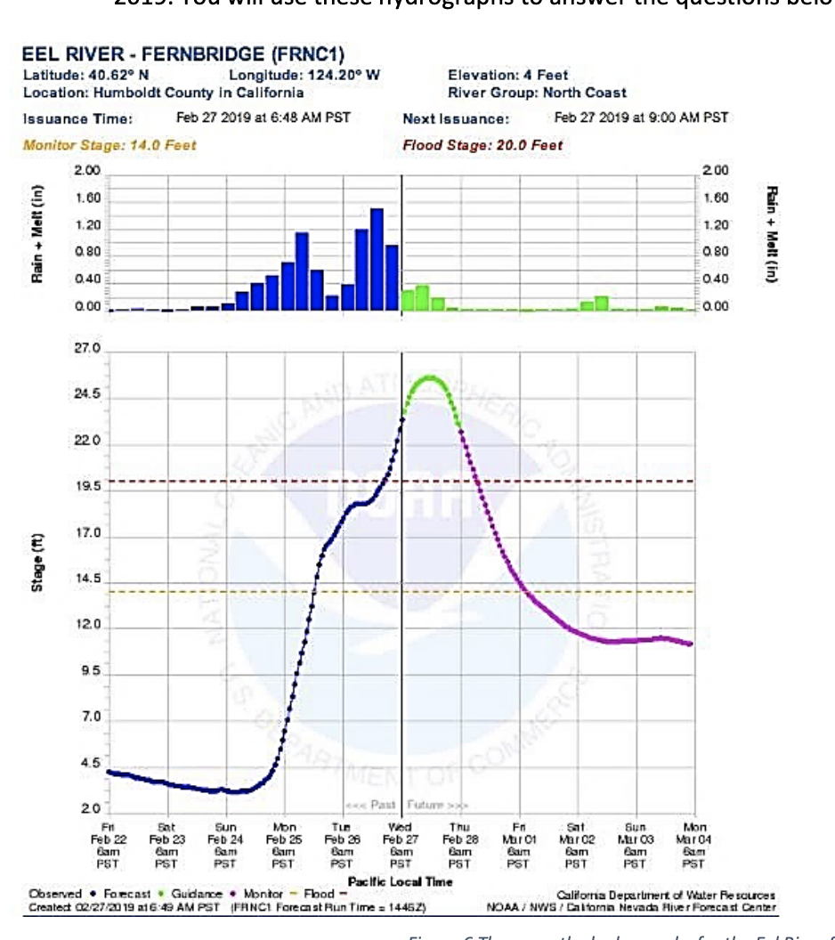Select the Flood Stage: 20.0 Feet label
482,145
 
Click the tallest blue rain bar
377,259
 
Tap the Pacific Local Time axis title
400,881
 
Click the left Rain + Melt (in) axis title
36,236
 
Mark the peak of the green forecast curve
431,377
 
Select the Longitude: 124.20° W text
304,76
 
